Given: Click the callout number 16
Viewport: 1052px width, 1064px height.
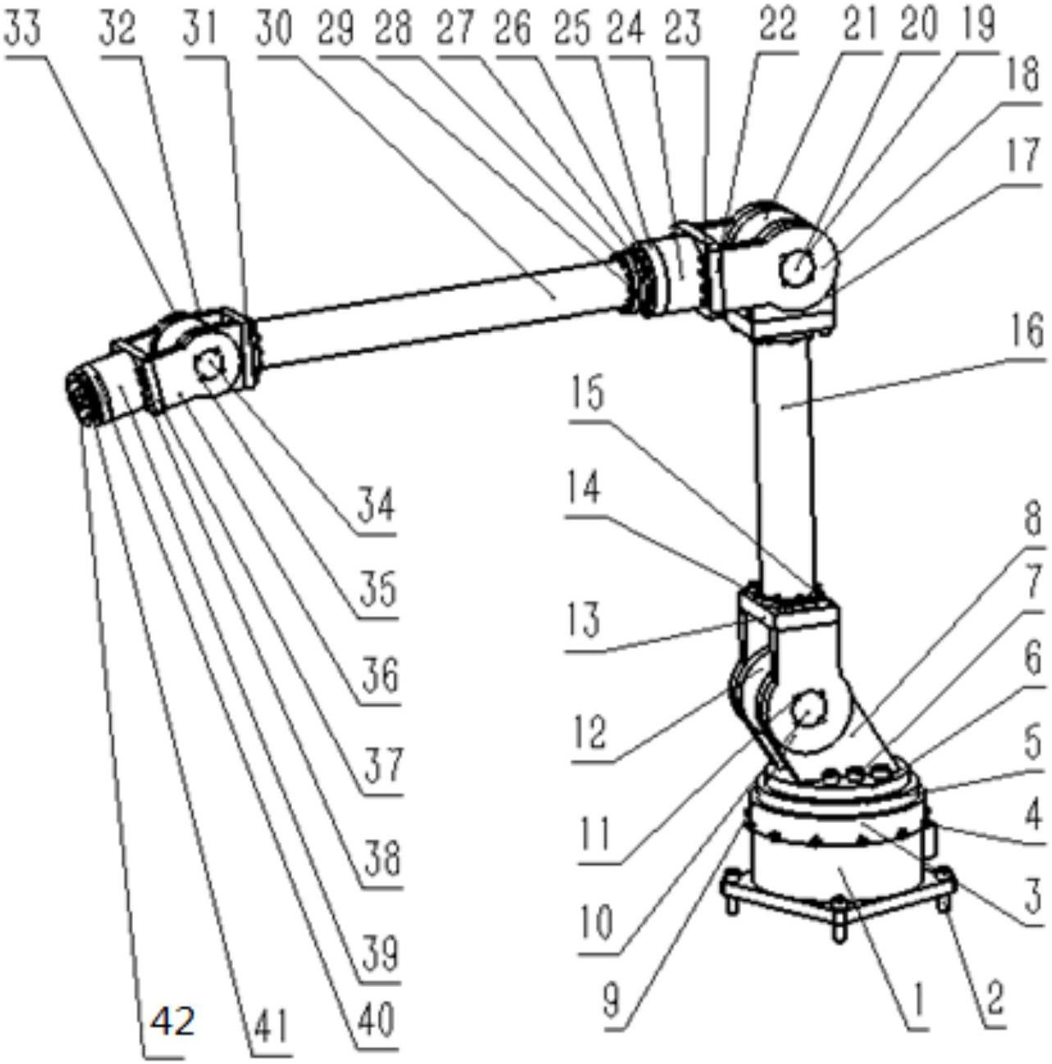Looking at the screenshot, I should pos(1023,333).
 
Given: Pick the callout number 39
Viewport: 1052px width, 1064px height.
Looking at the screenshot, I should pos(379,952).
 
